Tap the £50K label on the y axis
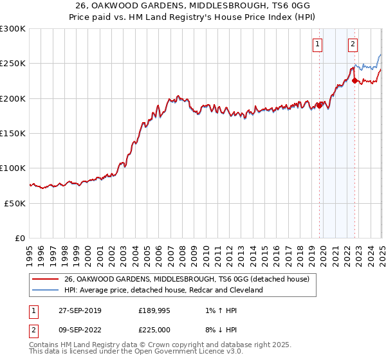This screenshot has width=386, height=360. coord(14,203)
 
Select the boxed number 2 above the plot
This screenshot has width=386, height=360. coord(353,44)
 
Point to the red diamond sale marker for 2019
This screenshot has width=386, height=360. coord(320,105)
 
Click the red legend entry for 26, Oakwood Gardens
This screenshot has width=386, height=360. coord(187,279)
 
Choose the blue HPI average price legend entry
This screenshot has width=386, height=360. coord(163,290)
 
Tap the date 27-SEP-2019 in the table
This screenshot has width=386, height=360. coord(78,310)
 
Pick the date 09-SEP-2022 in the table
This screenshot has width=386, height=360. coord(78,331)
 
